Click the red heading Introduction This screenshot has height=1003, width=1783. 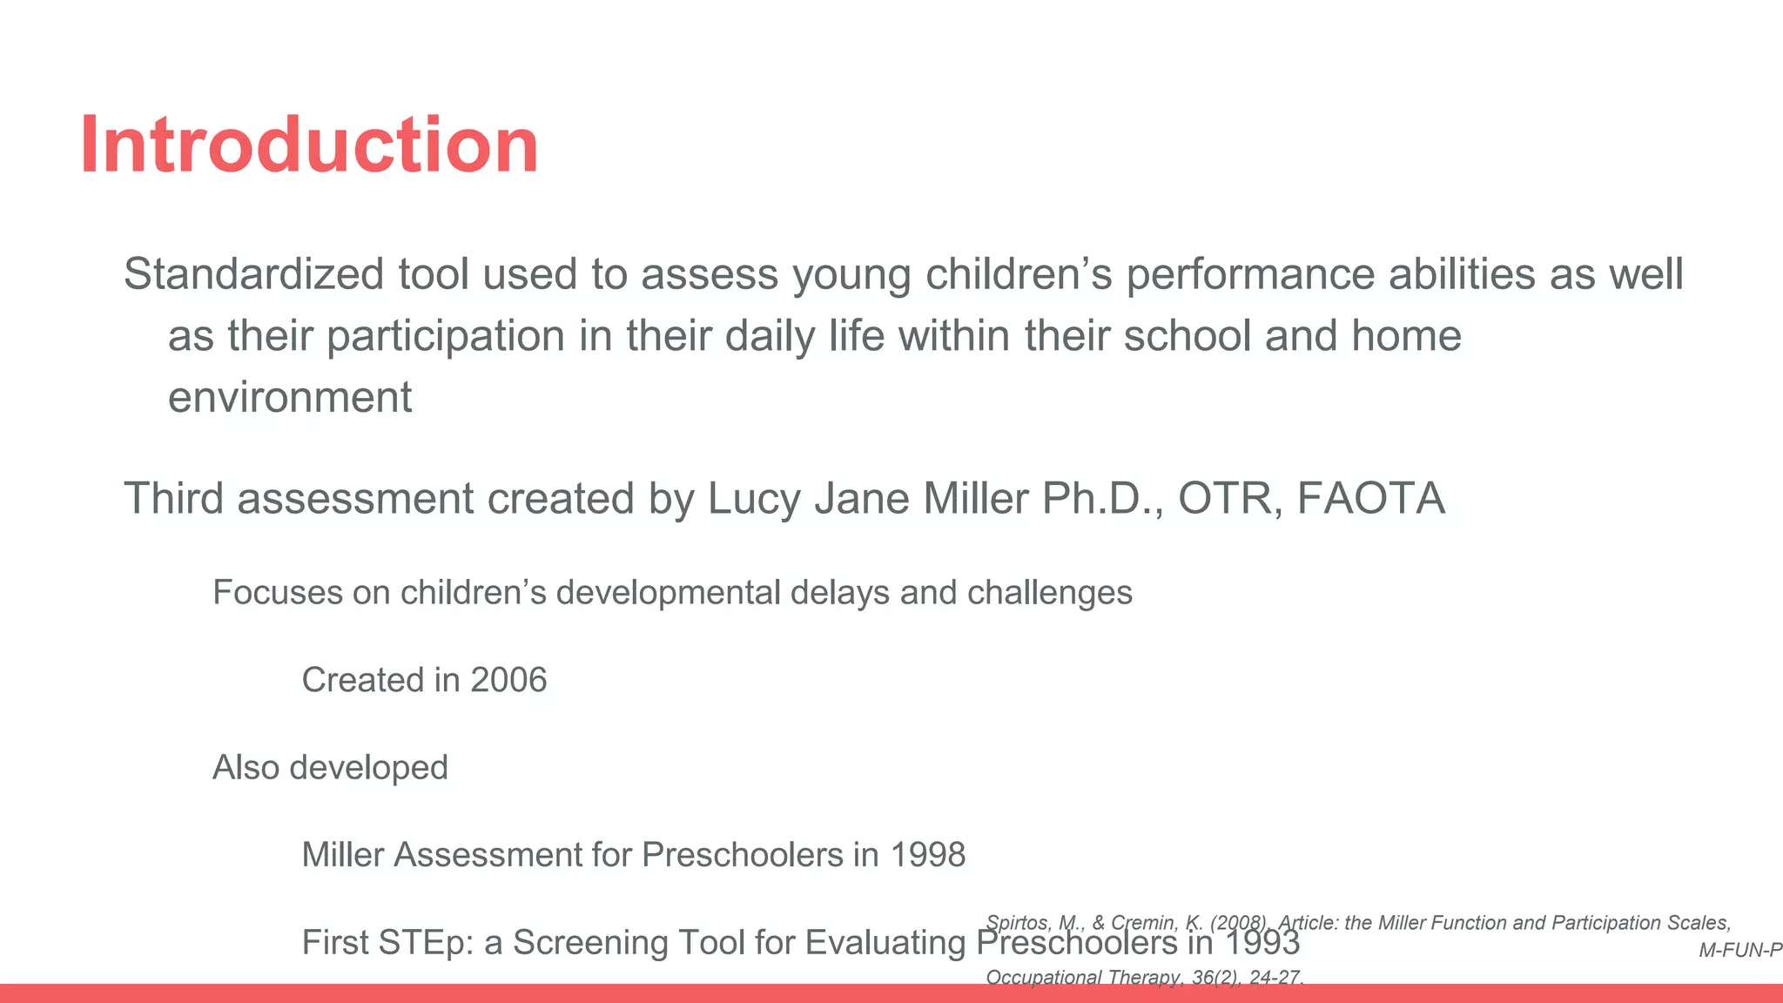click(x=309, y=145)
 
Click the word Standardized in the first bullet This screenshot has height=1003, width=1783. click(x=253, y=274)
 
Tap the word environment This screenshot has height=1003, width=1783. click(x=289, y=398)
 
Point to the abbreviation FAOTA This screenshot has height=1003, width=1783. click(x=1371, y=499)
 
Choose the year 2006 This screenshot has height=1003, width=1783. click(x=508, y=680)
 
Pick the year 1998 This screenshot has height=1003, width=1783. click(x=927, y=855)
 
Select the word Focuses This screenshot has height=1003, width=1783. click(x=278, y=593)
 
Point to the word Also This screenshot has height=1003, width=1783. click(x=246, y=768)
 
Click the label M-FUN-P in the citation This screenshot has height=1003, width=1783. click(x=1739, y=951)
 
